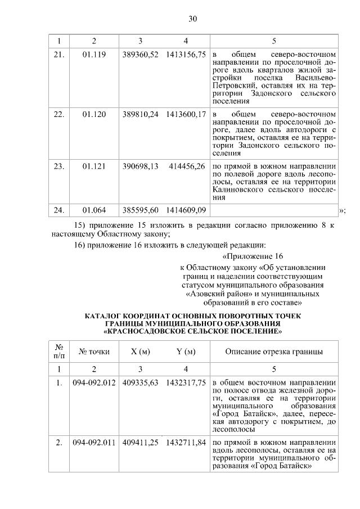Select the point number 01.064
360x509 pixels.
tap(94, 210)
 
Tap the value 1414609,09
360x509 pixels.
tap(186, 210)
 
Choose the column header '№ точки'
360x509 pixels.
tap(94, 352)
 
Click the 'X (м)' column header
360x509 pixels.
tap(140, 352)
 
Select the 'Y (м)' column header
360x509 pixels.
tap(186, 352)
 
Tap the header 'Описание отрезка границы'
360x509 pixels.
tap(274, 352)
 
